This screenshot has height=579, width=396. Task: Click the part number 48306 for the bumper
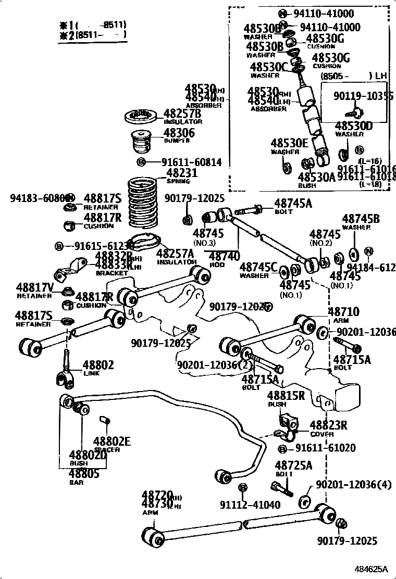[179, 133]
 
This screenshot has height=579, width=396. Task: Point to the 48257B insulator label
[182, 114]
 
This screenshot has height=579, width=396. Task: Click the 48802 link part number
[98, 365]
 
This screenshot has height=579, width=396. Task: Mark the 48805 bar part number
[84, 474]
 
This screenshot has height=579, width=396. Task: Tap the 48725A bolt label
[293, 465]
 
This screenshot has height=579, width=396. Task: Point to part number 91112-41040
[250, 505]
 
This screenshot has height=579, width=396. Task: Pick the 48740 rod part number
[225, 256]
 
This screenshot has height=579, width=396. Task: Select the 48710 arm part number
[343, 312]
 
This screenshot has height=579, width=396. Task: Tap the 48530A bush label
[317, 178]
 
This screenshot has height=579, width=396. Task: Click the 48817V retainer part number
[34, 287]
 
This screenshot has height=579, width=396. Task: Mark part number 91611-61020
[321, 448]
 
